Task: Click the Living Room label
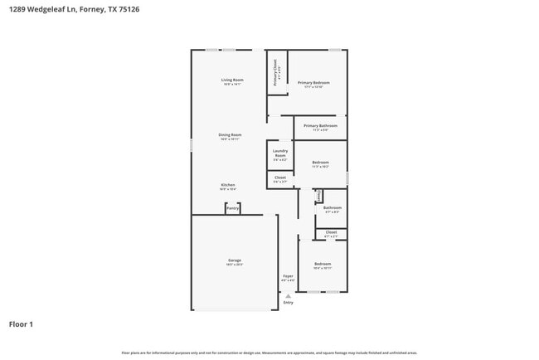point(231,80)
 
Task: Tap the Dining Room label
point(230,134)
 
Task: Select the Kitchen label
point(228,185)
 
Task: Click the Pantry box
point(232,208)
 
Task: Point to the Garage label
point(235,260)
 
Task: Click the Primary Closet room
point(276,73)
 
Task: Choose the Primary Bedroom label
point(314,83)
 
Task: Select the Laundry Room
point(280,153)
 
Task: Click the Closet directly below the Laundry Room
point(280,178)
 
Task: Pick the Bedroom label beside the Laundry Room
point(320,163)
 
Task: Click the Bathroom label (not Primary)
point(333,207)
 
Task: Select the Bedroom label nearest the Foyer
point(322,264)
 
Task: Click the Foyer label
point(288,276)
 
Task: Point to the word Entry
point(288,303)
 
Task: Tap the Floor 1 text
point(21,324)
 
